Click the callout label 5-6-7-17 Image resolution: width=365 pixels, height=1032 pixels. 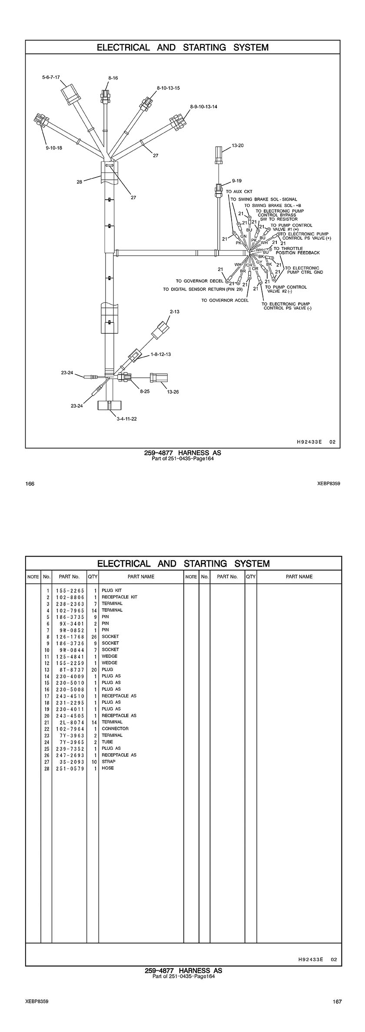click(51, 77)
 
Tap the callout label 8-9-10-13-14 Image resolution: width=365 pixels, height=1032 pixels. click(204, 106)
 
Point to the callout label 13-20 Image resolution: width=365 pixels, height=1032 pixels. click(238, 145)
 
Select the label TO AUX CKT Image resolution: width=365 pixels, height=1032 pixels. click(239, 191)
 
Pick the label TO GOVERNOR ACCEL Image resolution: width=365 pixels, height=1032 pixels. click(225, 300)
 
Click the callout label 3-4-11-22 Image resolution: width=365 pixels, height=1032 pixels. click(126, 419)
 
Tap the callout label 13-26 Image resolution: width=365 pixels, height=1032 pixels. click(173, 392)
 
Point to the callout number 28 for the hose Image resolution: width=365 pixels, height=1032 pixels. click(80, 182)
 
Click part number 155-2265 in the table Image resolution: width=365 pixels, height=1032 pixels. click(70, 590)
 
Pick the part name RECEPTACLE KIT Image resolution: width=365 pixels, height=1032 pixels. click(119, 597)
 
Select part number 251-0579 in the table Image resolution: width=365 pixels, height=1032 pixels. click(70, 768)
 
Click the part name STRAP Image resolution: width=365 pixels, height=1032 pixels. click(109, 762)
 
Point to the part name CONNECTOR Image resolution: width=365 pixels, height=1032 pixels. click(115, 729)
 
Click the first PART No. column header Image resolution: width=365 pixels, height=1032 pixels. click(70, 577)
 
